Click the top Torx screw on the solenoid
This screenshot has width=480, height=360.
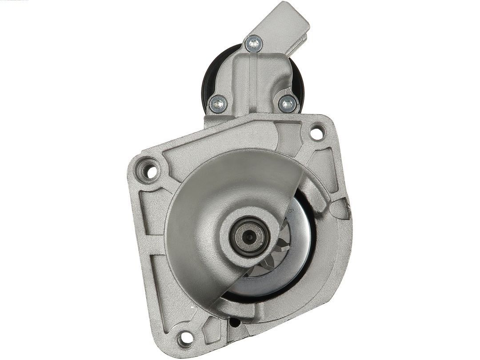pyautogui.click(x=254, y=44)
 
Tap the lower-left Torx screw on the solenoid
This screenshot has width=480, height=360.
pyautogui.click(x=218, y=104)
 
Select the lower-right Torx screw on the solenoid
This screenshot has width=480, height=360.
pyautogui.click(x=288, y=104)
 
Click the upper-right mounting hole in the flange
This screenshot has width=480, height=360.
pyautogui.click(x=316, y=132)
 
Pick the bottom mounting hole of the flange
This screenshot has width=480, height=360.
pyautogui.click(x=185, y=339)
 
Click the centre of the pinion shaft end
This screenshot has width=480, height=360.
pyautogui.click(x=249, y=236)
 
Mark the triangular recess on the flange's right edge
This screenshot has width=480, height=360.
pyautogui.click(x=341, y=209)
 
